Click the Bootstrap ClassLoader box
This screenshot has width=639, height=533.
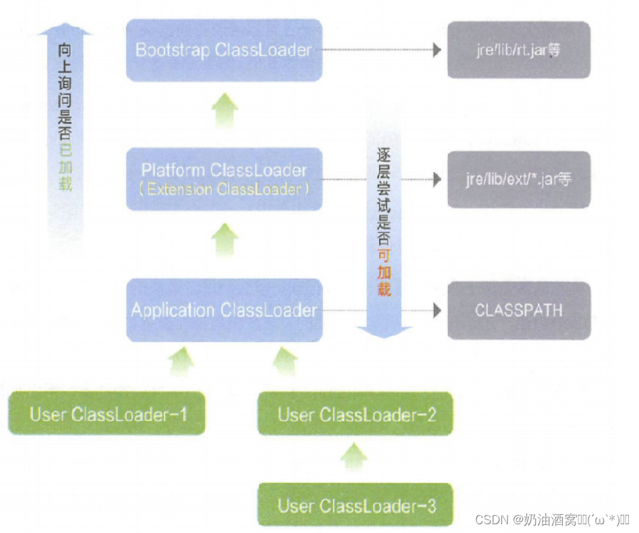(224, 51)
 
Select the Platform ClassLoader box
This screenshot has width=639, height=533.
(224, 179)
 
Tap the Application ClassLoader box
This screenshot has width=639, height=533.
(224, 310)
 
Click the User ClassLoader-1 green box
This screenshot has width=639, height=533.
(107, 414)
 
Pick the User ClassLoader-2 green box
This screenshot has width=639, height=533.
(356, 414)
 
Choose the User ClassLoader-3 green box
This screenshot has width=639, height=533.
(356, 505)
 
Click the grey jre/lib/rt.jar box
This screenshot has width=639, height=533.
(518, 51)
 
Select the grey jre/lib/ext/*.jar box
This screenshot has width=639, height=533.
(518, 179)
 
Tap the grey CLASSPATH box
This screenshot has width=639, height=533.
(518, 310)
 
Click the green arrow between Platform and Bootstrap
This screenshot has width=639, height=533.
(225, 111)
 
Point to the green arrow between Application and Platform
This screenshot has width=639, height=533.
(225, 240)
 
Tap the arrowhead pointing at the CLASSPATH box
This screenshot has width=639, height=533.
(437, 310)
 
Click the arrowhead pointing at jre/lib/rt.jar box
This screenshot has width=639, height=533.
(437, 51)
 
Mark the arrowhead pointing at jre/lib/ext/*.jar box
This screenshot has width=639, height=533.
(437, 179)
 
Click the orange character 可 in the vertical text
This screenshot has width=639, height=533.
(384, 256)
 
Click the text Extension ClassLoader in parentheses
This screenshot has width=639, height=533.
(224, 189)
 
